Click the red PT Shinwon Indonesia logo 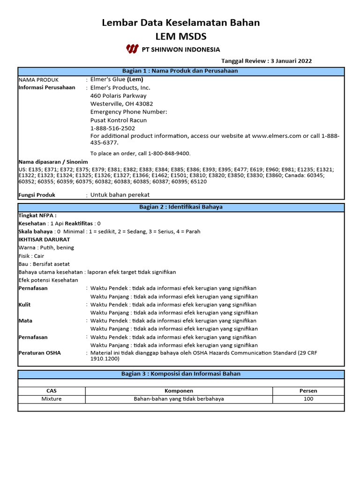(132, 49)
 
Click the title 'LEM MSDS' (180, 36)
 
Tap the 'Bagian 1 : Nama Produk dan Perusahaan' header (180, 71)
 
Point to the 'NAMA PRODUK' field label (38, 80)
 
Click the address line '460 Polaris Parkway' (118, 96)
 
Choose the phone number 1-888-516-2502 (112, 128)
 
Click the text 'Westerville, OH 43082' (121, 104)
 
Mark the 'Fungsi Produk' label (37, 195)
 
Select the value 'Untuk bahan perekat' (120, 195)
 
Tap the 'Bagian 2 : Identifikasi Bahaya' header (180, 207)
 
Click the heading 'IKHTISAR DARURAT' (44, 239)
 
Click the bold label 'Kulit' (25, 305)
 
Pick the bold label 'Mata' (25, 321)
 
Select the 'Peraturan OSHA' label (39, 353)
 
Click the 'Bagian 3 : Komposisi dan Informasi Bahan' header (180, 374)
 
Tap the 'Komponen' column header (179, 390)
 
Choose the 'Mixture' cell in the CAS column (52, 399)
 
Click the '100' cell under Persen (308, 399)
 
